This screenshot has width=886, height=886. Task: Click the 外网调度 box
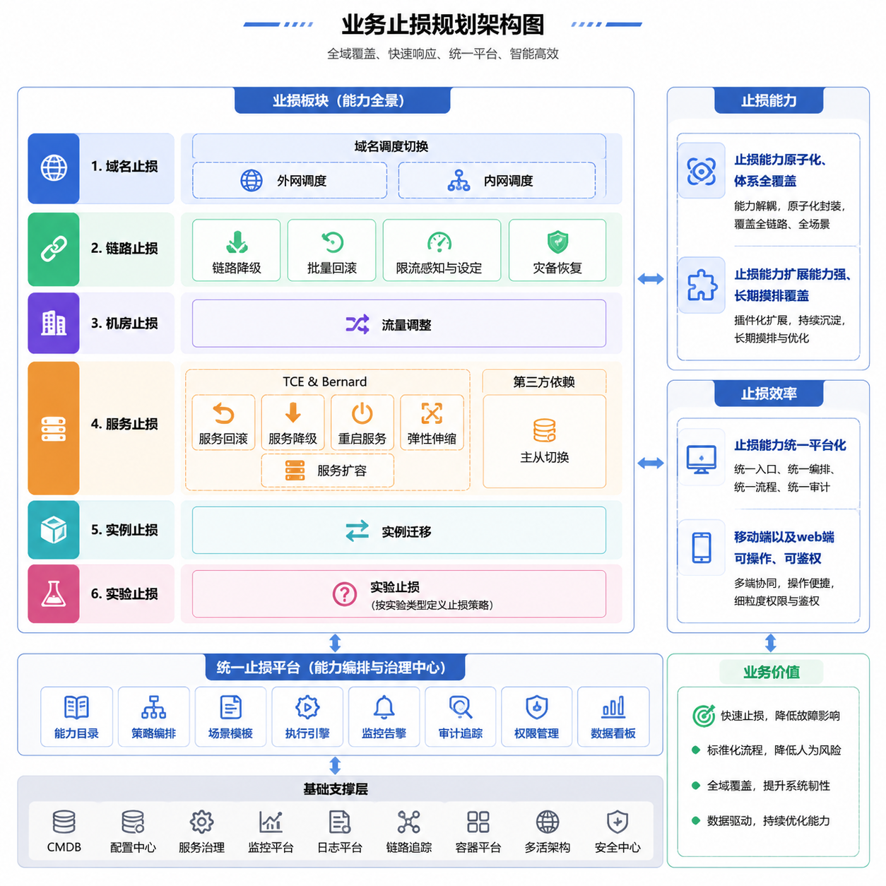pyautogui.click(x=290, y=180)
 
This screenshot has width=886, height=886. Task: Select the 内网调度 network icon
pyautogui.click(x=459, y=180)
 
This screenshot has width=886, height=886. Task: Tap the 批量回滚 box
pyautogui.click(x=331, y=250)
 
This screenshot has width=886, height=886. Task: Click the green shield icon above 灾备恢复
pyautogui.click(x=557, y=242)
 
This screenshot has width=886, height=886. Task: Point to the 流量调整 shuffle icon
pyautogui.click(x=357, y=324)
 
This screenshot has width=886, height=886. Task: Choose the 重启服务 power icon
pyautogui.click(x=362, y=413)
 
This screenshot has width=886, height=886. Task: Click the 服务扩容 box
pyautogui.click(x=328, y=471)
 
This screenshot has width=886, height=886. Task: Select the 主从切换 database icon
pyautogui.click(x=545, y=430)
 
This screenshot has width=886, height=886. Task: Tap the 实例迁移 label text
pyautogui.click(x=406, y=531)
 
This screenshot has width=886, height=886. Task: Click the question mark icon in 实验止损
pyautogui.click(x=345, y=593)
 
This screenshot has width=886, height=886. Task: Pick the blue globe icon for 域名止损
pyautogui.click(x=54, y=167)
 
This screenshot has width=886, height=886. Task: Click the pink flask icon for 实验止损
pyautogui.click(x=54, y=593)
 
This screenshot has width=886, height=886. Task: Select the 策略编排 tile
pyautogui.click(x=153, y=716)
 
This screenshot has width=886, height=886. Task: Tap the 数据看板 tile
pyautogui.click(x=613, y=716)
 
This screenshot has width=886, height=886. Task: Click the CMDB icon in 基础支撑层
pyautogui.click(x=64, y=822)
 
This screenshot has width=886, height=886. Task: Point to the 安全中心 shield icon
pyautogui.click(x=618, y=822)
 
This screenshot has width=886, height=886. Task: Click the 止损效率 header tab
pyautogui.click(x=769, y=394)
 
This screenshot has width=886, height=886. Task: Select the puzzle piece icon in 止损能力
pyautogui.click(x=702, y=285)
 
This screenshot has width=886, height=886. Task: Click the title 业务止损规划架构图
pyautogui.click(x=443, y=25)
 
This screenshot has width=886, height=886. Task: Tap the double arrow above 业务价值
pyautogui.click(x=771, y=643)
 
